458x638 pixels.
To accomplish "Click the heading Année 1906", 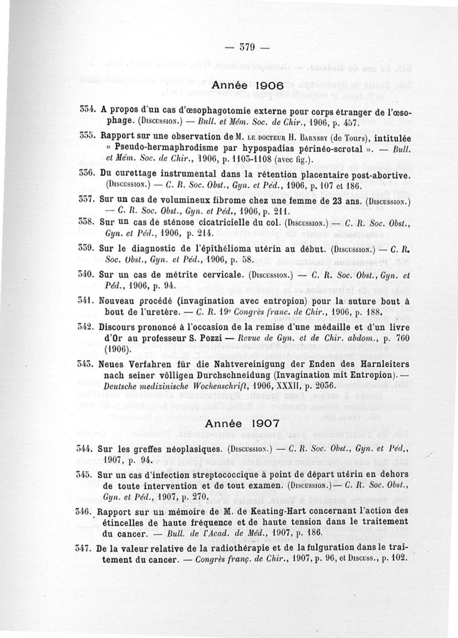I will (x=247, y=85).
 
